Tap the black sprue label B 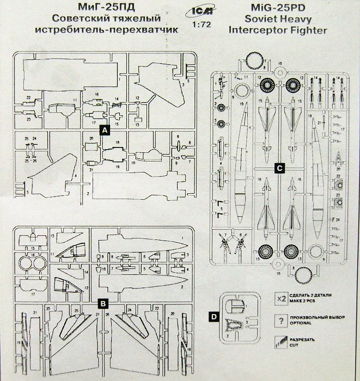click(x=103, y=303)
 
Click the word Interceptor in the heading click(x=248, y=30)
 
